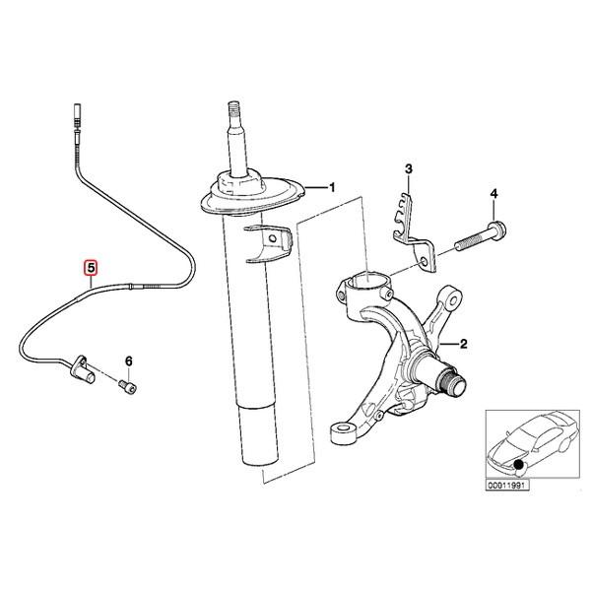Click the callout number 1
331,187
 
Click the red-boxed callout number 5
90,267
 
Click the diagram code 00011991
505,485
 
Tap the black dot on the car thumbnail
520,463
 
